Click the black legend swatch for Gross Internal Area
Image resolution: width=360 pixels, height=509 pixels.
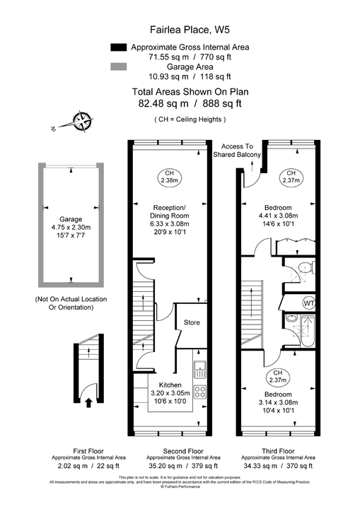tap(118, 47)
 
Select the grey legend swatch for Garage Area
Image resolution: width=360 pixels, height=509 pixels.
tap(118, 66)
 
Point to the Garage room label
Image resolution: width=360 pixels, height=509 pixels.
tap(72, 219)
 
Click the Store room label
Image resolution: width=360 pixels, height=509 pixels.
tap(192, 322)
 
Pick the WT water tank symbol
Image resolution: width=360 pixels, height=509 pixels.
tap(308, 303)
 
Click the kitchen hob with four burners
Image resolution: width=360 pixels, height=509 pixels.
tap(200, 391)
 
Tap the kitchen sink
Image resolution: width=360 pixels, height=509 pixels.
tap(200, 367)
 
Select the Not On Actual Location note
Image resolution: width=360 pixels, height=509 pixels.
tap(71, 303)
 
